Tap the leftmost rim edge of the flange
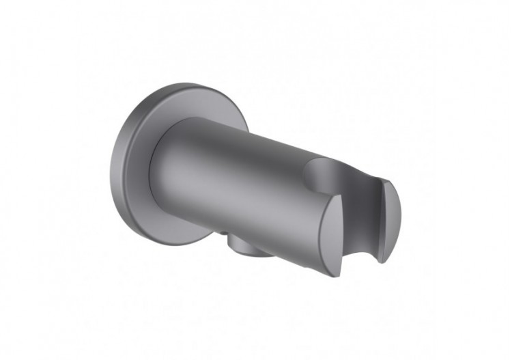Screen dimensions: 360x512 coord(111,171)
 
